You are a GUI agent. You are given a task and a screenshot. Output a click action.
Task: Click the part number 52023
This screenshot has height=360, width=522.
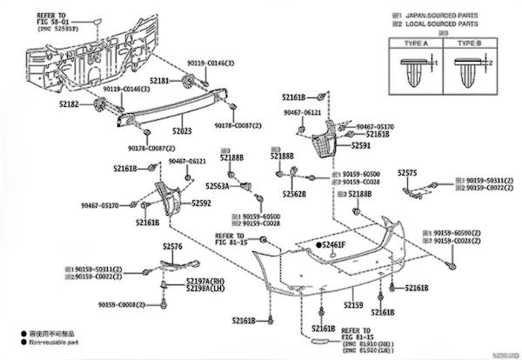(181, 131)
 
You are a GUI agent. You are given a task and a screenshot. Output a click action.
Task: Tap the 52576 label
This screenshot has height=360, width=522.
(171, 247)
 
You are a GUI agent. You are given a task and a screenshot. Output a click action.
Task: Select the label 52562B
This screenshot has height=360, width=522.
(291, 194)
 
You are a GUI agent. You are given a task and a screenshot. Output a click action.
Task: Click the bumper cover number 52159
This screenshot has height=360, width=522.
(351, 304)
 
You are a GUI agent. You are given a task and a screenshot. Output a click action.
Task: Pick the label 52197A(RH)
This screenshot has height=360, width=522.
(203, 282)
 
